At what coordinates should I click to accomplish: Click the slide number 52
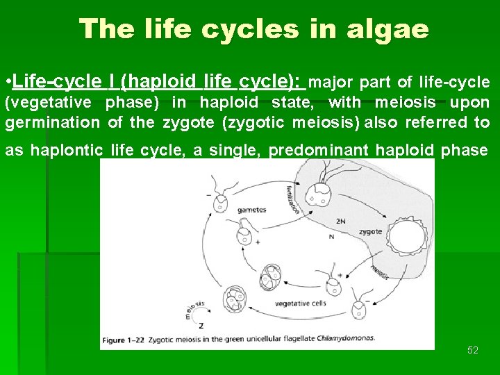tap(473, 351)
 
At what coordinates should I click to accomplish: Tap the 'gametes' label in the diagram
tap(251, 209)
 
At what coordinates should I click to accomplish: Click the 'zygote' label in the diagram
tap(370, 231)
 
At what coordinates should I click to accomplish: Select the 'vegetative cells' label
tap(301, 303)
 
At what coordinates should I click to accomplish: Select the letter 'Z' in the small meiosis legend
tap(201, 326)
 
